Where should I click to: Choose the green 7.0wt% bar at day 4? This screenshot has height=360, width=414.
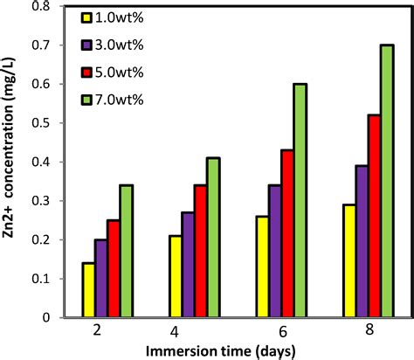click(x=215, y=237)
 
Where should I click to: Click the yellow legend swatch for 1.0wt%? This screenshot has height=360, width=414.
click(x=86, y=17)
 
